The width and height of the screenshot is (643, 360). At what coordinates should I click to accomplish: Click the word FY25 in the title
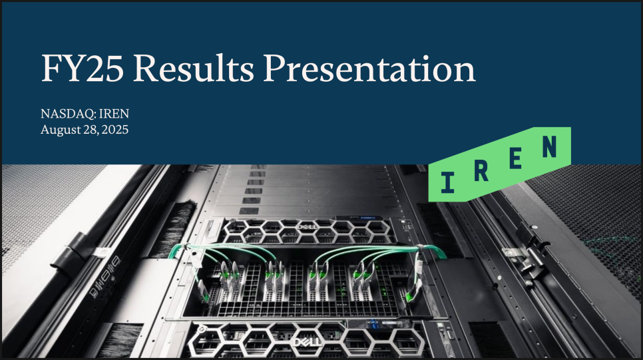tap(82, 69)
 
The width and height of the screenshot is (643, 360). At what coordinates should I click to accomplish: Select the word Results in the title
tap(194, 68)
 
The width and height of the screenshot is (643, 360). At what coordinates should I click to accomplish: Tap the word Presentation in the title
tap(369, 68)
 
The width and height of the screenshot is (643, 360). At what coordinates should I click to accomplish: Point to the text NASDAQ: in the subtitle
tap(69, 114)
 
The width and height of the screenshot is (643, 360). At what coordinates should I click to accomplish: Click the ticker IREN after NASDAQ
tap(114, 114)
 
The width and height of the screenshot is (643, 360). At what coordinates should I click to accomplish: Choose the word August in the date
tap(61, 130)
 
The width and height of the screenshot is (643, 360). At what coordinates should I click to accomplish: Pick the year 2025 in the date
tap(114, 130)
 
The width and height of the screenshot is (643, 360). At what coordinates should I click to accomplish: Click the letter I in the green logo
tap(447, 182)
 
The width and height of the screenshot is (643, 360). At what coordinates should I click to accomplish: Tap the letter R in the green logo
tap(481, 170)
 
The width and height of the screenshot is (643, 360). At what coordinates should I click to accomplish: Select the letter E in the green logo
tap(515, 158)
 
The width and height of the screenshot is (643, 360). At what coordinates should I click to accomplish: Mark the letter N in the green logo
tap(550, 147)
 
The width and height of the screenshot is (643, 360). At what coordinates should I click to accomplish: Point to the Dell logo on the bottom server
tap(308, 343)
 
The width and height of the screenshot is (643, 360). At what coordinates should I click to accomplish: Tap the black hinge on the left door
tap(70, 254)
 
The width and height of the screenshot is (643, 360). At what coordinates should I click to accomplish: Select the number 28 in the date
tap(91, 130)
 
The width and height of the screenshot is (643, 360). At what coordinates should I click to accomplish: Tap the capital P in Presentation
tap(275, 69)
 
